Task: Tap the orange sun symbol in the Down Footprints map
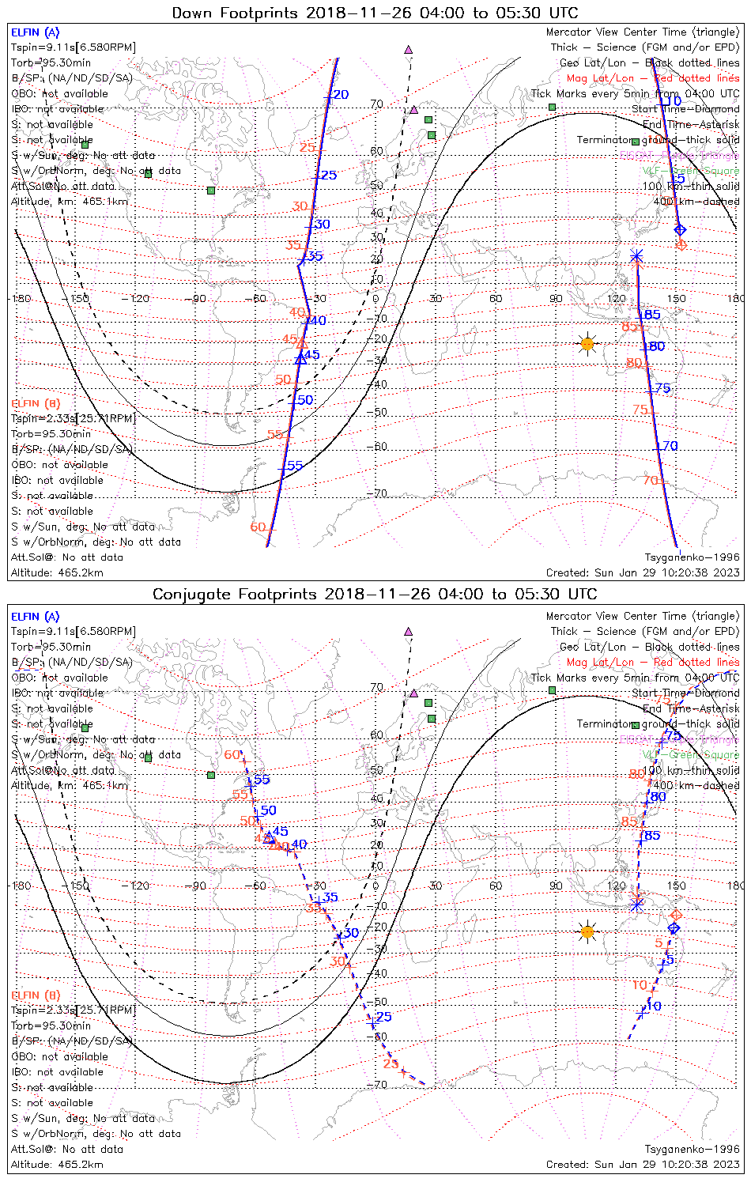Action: point(587,344)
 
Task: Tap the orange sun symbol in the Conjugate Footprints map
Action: point(587,931)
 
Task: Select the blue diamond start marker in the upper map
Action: point(680,230)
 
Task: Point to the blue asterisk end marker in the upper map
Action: point(636,255)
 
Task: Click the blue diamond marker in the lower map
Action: point(674,927)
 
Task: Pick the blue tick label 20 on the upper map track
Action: point(339,95)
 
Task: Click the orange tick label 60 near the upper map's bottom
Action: point(258,527)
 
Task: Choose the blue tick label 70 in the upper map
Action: point(670,447)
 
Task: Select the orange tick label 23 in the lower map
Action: point(391,1064)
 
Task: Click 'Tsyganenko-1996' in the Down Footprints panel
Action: point(692,557)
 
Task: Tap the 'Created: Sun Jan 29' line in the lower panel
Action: point(643,1165)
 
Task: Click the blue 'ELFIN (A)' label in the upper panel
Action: point(35,32)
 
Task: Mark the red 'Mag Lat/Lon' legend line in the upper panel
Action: point(653,78)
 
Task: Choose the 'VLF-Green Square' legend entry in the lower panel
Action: point(690,755)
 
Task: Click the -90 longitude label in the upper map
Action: point(198,299)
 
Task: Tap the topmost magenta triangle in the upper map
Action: point(408,50)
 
